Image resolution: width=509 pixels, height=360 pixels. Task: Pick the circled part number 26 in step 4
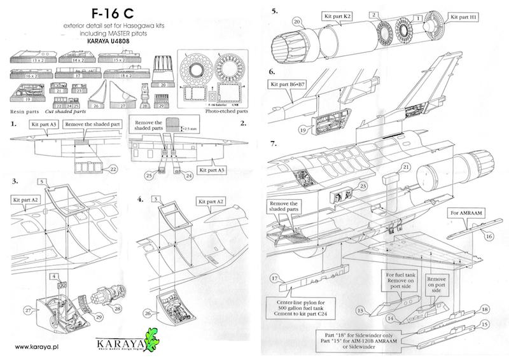(148, 313)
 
